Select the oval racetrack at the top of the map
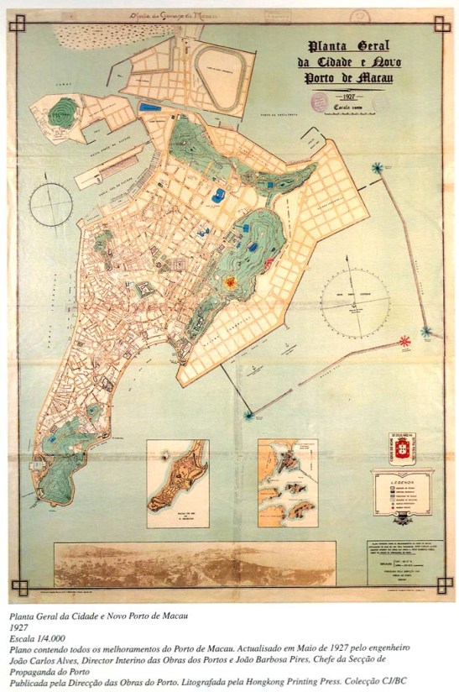point(222,66)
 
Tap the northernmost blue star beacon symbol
point(378,169)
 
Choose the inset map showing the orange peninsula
point(177,484)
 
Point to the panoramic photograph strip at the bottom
point(194,564)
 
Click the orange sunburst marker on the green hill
point(228,283)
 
